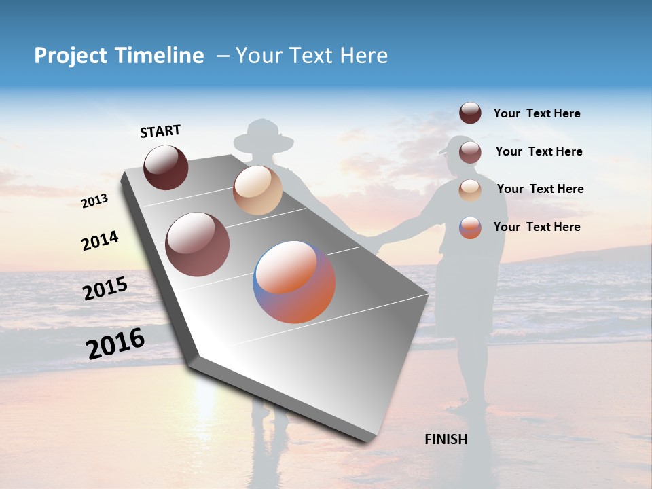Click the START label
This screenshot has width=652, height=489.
point(160,131)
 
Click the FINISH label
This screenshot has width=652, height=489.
point(446,439)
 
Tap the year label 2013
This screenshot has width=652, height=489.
point(95,201)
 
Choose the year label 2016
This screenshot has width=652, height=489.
point(115,343)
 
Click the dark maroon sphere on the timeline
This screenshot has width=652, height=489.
point(166,167)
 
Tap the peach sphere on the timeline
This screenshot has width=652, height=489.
point(257,190)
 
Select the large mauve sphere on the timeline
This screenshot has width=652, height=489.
point(198,244)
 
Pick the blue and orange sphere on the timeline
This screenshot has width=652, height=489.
point(294,282)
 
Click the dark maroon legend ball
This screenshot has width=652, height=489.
point(470,113)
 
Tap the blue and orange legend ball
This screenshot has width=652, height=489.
point(470,227)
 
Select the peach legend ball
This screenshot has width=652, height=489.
point(470,189)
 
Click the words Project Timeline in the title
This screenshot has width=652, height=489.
point(119,56)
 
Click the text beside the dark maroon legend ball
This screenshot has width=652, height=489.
point(537,113)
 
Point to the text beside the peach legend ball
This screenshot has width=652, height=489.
point(540,189)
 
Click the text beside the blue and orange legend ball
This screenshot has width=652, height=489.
point(537,227)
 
